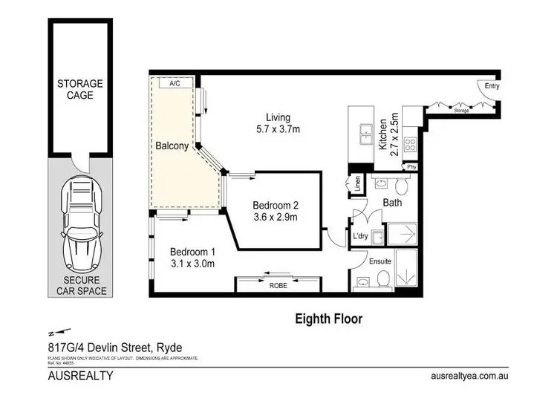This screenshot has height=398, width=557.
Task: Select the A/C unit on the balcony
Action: (175, 84)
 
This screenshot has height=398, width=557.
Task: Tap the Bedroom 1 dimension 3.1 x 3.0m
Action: (192, 263)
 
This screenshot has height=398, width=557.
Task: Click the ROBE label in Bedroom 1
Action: (278, 284)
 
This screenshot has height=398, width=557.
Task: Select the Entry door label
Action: (492, 86)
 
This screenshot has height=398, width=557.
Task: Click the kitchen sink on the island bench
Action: (365, 134)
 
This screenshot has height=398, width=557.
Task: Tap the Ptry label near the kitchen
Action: (411, 168)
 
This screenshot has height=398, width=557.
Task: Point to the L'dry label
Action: (361, 236)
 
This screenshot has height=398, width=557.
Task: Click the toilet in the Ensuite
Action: (383, 278)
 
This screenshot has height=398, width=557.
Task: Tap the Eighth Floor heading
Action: (328, 319)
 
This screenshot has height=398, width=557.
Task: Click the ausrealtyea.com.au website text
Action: (469, 376)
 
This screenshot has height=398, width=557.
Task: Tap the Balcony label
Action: (172, 146)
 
